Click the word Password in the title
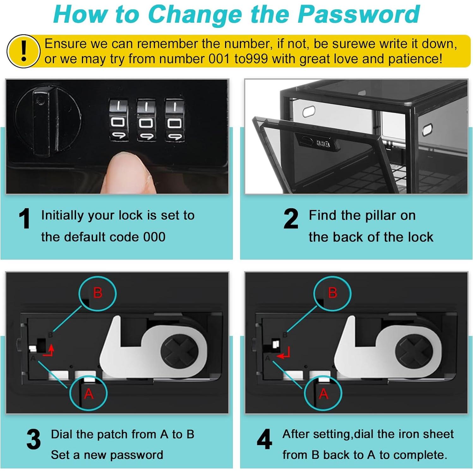click(x=359, y=14)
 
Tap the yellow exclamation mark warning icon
click(x=23, y=51)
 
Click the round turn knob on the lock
click(x=47, y=122)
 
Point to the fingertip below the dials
click(x=130, y=172)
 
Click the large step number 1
click(x=24, y=218)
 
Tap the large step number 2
click(x=291, y=218)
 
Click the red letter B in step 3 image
click(x=98, y=293)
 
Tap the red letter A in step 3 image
click(x=89, y=394)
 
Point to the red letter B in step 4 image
click(x=332, y=293)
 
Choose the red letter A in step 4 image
click(x=324, y=394)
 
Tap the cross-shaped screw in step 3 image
click(x=179, y=351)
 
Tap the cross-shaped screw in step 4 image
click(x=414, y=351)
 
